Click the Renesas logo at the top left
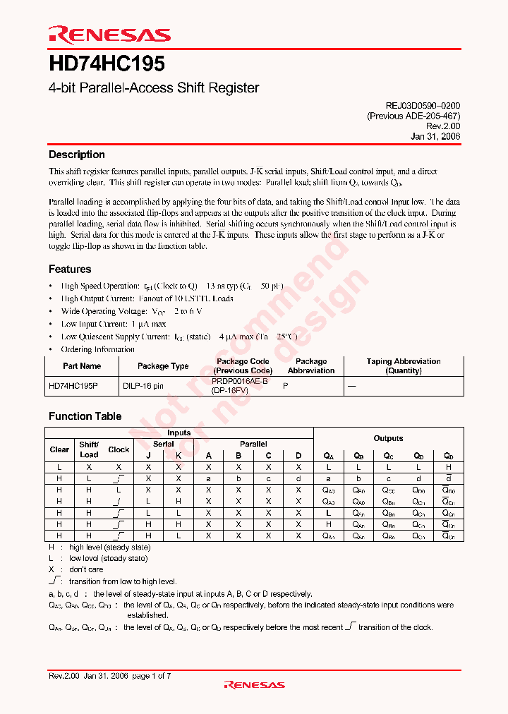[x=109, y=35]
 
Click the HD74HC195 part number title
[x=107, y=64]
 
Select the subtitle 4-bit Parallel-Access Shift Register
[x=153, y=88]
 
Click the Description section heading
[x=76, y=155]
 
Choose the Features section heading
[x=69, y=269]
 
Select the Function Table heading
[x=85, y=416]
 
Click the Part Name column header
[x=82, y=366]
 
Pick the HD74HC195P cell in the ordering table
[x=74, y=386]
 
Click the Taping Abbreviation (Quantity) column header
[x=403, y=366]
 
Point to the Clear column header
[x=59, y=449]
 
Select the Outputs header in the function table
[x=388, y=438]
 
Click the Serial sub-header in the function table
[x=163, y=444]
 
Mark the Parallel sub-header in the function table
[x=253, y=444]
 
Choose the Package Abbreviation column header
[x=311, y=366]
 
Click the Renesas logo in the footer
[x=254, y=684]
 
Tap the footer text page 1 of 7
[x=151, y=676]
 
